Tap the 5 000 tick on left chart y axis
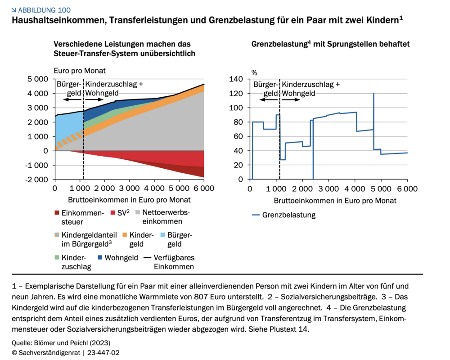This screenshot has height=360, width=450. pos(38,79)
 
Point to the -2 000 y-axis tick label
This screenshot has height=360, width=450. pos(37,180)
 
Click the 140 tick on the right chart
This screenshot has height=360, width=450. pos(236,79)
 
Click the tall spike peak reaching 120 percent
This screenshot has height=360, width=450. pos(373,94)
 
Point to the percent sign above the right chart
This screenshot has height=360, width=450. pos(254,72)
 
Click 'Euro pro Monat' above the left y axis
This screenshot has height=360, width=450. pos(80,71)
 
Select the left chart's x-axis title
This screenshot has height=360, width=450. pos(129,199)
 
